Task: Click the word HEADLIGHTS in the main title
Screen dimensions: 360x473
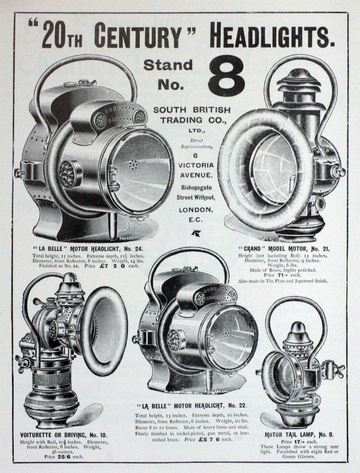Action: [x=272, y=35]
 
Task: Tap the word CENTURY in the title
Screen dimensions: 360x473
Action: [x=137, y=36]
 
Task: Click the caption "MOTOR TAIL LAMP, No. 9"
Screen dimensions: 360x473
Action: [x=299, y=435]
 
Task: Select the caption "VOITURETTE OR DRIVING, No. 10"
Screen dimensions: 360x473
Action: [x=63, y=435]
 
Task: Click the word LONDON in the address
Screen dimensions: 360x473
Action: [x=196, y=210]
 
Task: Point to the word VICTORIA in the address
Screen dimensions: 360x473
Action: [x=196, y=165]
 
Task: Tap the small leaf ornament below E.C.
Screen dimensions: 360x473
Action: [x=194, y=232]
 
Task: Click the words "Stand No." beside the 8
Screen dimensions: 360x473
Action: [x=168, y=75]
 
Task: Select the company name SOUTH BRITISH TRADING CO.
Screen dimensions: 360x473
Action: [x=192, y=115]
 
